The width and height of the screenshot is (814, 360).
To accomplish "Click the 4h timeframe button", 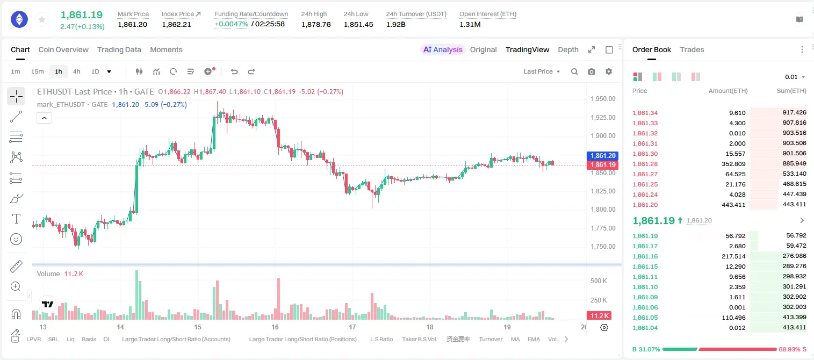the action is tap(76, 71).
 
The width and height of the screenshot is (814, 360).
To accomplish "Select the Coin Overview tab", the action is tap(63, 49).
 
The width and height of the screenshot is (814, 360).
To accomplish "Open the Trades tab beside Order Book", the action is tap(692, 49).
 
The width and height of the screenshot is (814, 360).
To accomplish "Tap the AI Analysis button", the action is tap(443, 49).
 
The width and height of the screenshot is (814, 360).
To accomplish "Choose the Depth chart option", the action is tap(568, 49).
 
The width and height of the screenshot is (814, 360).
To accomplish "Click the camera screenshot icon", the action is tap(592, 71).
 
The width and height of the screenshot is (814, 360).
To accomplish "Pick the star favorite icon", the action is tap(42, 19).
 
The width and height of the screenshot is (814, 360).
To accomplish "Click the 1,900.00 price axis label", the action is tap(603, 136).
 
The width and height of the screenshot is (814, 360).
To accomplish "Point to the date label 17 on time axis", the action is tap(352, 327).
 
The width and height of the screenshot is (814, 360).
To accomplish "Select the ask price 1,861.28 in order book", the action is tap(645, 164).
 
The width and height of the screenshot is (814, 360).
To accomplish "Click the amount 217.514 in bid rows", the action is tap(733, 256).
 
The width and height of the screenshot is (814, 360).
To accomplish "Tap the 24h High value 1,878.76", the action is tap(316, 24).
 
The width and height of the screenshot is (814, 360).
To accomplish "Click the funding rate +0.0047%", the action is tap(231, 24).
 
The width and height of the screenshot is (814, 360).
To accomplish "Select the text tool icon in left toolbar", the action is tap(16, 219).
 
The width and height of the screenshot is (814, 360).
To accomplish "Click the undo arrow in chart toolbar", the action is tap(234, 71).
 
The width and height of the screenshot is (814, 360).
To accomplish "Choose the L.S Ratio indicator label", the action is tap(381, 339).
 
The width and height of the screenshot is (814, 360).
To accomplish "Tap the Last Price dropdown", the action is tap(542, 71).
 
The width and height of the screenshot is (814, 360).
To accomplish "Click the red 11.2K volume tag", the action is tap(599, 315).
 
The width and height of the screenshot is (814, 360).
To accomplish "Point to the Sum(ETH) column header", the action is tap(791, 91).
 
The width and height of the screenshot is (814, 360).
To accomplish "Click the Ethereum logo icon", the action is tap(19, 19).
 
